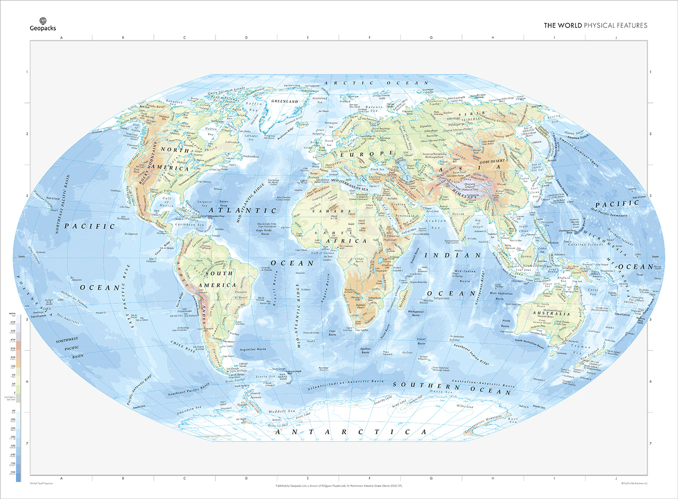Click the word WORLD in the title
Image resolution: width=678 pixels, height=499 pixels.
coord(569,25)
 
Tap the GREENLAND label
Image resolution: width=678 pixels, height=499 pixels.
coord(284,101)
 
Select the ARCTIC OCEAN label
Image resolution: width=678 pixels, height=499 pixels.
coord(376,83)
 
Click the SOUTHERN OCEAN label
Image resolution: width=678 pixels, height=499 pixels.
coord(452,388)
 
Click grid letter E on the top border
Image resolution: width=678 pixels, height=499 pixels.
coord(308,37)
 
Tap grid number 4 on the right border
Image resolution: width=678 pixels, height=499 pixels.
coord(650,257)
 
